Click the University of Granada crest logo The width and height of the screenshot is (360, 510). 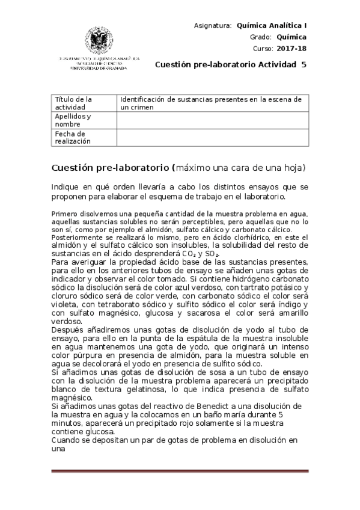(x=99, y=41)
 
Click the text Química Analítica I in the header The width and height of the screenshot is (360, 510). (x=272, y=25)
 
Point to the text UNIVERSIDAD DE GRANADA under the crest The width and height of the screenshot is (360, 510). (x=99, y=68)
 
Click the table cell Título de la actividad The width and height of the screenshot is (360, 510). (x=74, y=103)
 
